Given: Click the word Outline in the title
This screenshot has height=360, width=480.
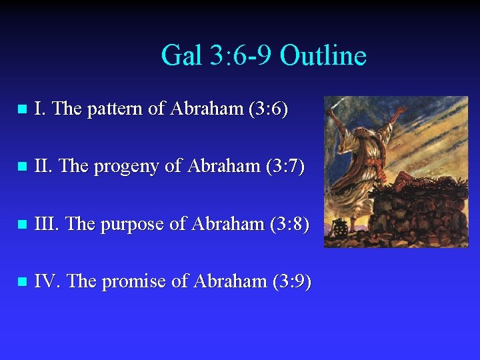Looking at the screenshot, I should click(x=323, y=55).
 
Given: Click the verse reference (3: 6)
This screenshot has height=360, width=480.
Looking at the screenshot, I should click(x=267, y=109).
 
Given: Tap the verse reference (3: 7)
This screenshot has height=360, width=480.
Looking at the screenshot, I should click(x=283, y=167).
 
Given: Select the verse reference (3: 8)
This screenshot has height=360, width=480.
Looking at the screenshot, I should click(x=289, y=224).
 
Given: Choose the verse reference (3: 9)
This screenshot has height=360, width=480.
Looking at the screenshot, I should click(x=291, y=281).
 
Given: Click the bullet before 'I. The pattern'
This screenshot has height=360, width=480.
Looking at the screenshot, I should click(x=21, y=109).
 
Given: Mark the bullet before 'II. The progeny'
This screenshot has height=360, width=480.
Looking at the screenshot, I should click(x=21, y=167).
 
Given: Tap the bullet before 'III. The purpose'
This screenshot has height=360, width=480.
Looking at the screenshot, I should click(x=21, y=225).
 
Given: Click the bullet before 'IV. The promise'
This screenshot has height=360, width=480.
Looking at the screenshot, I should click(x=21, y=282).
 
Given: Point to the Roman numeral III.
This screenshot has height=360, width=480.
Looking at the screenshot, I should click(x=47, y=224).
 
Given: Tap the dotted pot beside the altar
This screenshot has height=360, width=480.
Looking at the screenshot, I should click(x=340, y=229).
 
